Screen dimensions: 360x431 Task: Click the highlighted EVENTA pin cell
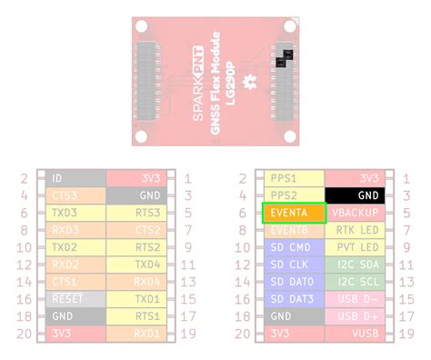click(x=293, y=213)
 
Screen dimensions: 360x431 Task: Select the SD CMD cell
click(x=293, y=246)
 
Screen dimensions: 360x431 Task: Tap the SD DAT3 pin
click(x=293, y=298)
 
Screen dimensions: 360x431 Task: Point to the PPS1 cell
click(x=293, y=178)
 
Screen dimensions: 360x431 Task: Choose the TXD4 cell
click(x=135, y=264)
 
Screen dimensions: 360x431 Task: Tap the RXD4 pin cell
click(x=135, y=281)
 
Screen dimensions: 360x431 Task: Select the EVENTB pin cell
click(x=293, y=230)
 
